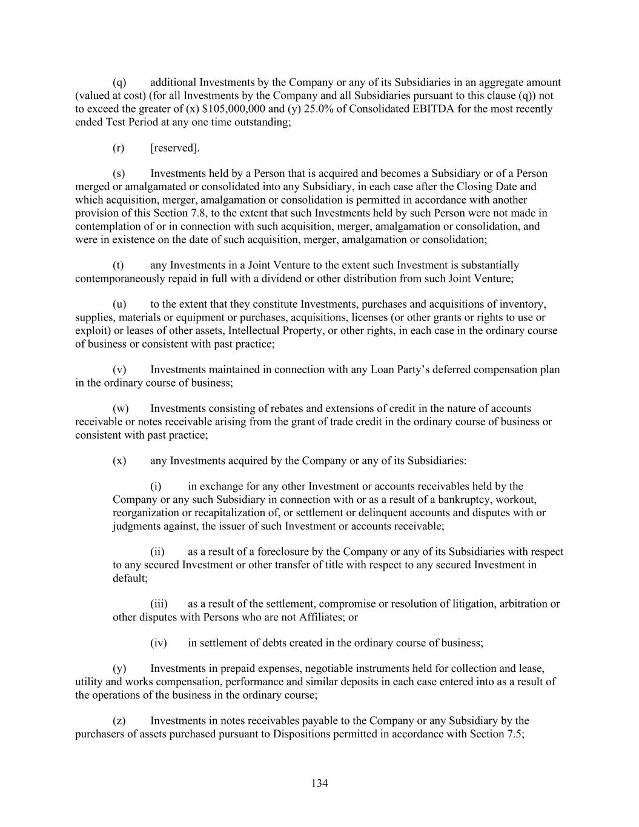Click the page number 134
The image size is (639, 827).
(x=319, y=783)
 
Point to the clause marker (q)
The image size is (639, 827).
(x=119, y=82)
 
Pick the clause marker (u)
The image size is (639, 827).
(x=119, y=304)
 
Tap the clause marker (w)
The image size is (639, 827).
(x=121, y=409)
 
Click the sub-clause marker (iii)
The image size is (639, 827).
(x=159, y=604)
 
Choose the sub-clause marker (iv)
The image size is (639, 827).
(x=158, y=643)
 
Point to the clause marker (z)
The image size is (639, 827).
(x=119, y=721)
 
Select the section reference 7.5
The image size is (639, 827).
(x=515, y=734)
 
